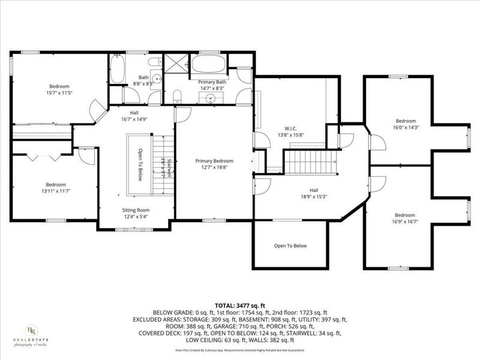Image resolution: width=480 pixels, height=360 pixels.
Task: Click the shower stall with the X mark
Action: click(x=176, y=63)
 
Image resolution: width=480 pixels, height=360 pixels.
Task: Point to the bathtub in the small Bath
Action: click(x=118, y=68)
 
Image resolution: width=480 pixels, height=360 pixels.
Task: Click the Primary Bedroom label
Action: click(x=214, y=161)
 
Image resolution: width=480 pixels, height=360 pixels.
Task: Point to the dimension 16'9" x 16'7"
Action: click(x=404, y=222)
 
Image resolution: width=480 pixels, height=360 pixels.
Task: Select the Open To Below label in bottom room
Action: click(x=290, y=245)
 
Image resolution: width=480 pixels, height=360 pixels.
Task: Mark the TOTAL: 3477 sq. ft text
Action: click(x=239, y=306)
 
